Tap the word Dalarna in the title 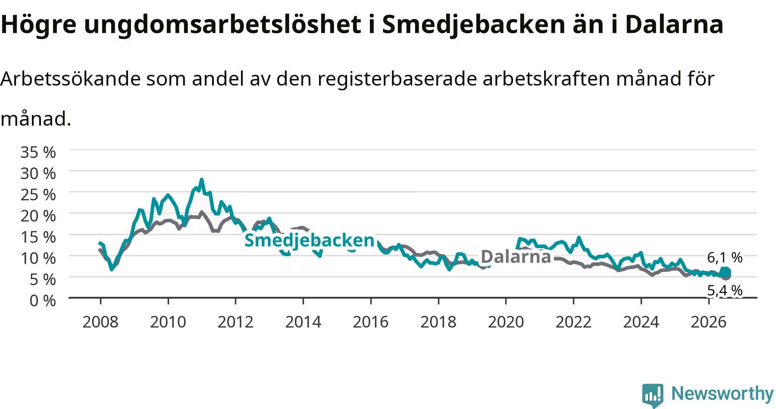tap(674, 25)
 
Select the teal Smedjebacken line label tap(310, 240)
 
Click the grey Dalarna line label tap(516, 257)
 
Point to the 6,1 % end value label tap(725, 258)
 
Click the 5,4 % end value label tap(725, 291)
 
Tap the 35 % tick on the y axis tap(38, 152)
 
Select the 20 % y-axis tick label tap(38, 216)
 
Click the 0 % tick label tap(43, 300)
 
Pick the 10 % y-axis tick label tap(38, 258)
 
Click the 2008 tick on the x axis tap(100, 322)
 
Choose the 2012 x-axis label tap(235, 322)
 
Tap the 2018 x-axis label tap(438, 322)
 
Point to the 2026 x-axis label tap(708, 322)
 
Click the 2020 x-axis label tap(506, 322)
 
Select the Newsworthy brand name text tap(723, 393)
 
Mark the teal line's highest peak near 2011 tap(201, 179)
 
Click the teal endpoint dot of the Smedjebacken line tap(726, 272)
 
